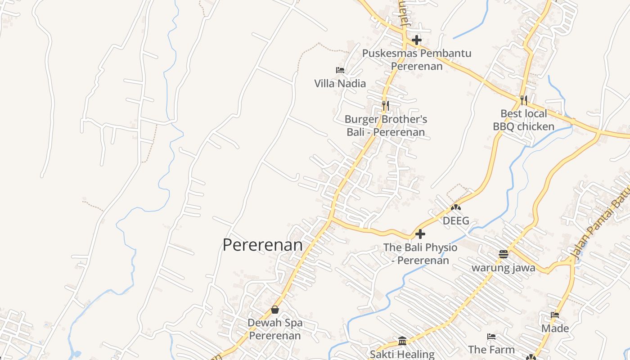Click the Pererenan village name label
coord(263,245)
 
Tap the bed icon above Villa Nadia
coord(340,70)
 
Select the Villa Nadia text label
coord(340,83)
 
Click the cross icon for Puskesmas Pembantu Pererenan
coord(417,40)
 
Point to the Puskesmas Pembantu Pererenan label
coord(417,59)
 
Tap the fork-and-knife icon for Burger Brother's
coord(385,106)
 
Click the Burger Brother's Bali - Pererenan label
coord(386,126)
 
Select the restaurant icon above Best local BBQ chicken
coord(523,100)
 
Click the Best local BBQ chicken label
coord(523,120)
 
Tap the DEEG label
coord(456,221)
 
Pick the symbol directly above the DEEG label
coord(456,208)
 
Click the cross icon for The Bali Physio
coord(420,234)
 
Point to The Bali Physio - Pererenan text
coord(420,254)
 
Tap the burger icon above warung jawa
coord(503,254)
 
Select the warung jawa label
coord(503,268)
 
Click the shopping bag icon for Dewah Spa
coord(275,310)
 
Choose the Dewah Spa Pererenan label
coord(275,329)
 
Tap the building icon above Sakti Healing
coord(402,341)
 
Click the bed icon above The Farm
coord(491,336)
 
